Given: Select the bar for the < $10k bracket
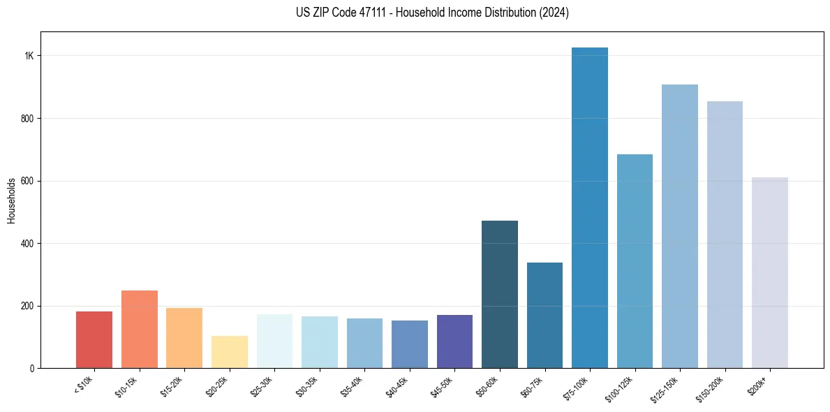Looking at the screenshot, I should (94, 340).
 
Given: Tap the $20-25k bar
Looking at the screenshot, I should (230, 352).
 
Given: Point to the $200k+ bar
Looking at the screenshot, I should (770, 273).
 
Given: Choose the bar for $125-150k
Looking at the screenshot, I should (680, 226).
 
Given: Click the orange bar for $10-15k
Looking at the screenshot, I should (140, 330).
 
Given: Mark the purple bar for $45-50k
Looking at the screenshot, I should (454, 341).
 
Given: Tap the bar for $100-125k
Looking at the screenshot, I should (635, 261).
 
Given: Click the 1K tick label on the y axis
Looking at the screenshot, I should (29, 56).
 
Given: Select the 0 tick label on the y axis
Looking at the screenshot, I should (32, 369).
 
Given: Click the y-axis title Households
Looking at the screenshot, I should (11, 200).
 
